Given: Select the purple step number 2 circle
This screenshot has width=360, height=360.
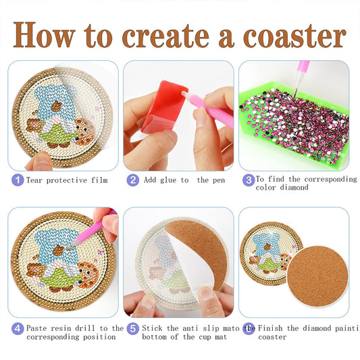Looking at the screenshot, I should coord(133,180).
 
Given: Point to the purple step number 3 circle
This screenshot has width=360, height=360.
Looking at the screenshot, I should coord(249,180).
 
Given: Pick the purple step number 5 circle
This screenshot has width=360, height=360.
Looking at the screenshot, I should coord(133,329).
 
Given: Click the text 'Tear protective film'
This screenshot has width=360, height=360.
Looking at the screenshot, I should coord(66,180).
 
